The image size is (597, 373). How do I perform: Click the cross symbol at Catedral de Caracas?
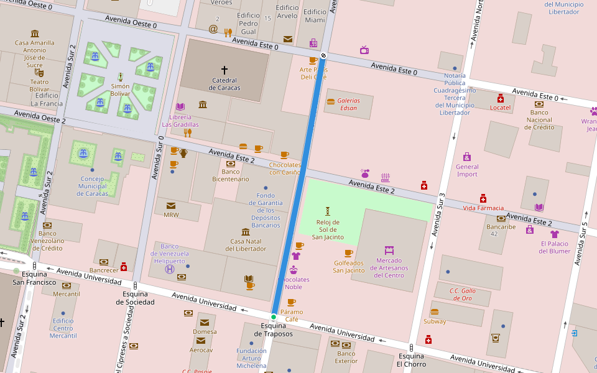pos(224,70)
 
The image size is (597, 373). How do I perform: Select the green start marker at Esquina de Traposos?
pos(273,317)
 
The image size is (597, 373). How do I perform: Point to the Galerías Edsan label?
pos(349,104)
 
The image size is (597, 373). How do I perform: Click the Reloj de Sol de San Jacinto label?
pos(327,229)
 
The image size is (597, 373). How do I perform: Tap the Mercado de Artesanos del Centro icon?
pos(389,250)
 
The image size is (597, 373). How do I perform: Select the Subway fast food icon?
pos(435,311)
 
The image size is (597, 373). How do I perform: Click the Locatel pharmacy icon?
pos(500,98)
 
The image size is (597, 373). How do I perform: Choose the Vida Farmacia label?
pos(483,208)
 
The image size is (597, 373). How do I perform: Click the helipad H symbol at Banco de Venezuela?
pos(170,269)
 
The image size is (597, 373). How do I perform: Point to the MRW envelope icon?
pos(171,206)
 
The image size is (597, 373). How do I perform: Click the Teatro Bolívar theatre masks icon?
pos(39,73)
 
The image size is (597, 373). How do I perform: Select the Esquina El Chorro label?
pos(411,360)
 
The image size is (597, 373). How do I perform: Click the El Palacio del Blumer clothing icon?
pos(555,234)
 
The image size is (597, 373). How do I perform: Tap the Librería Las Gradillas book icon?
pos(180,107)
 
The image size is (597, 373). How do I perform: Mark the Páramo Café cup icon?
pos(292,303)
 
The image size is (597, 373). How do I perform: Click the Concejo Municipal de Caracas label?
pos(93,186)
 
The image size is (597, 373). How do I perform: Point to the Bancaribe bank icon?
pos(501,218)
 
